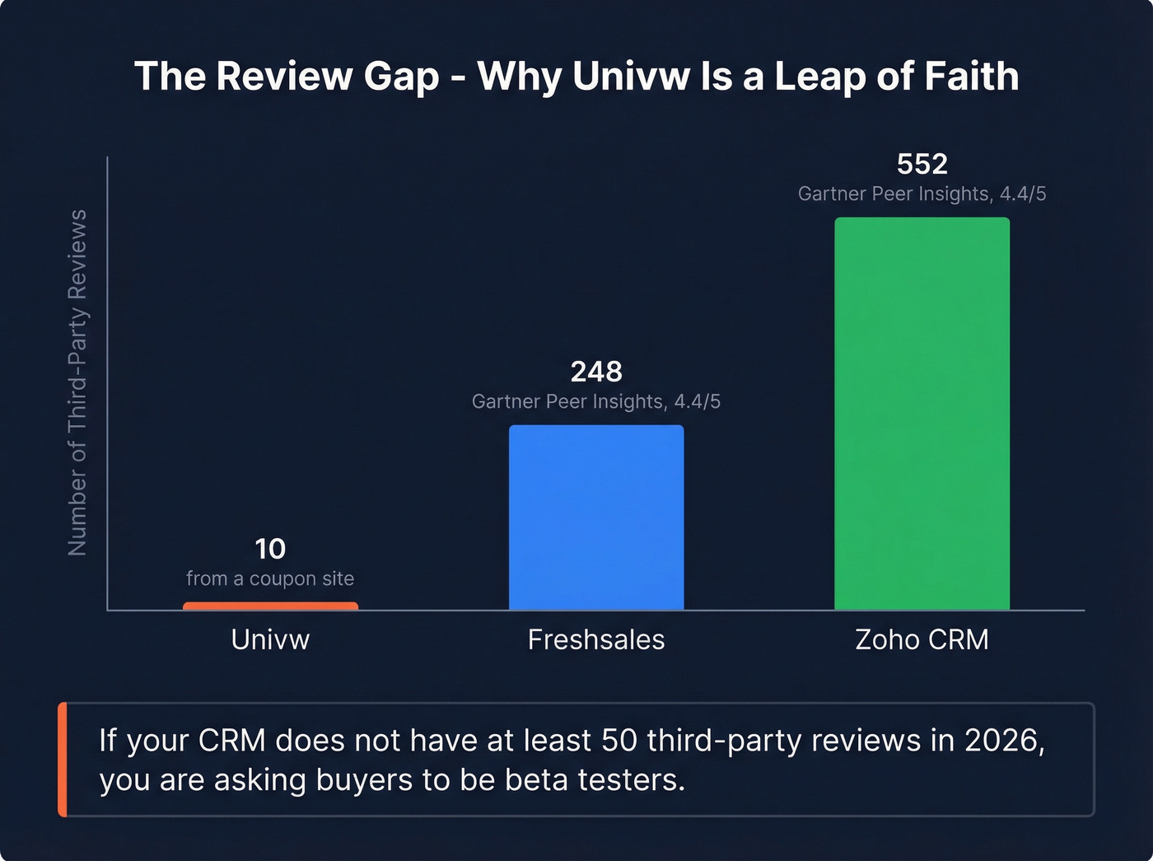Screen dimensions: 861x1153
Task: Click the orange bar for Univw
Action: click(270, 606)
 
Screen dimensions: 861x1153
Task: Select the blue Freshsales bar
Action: click(596, 517)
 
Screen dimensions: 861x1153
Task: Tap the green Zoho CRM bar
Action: click(922, 414)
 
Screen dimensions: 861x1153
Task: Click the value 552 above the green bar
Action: click(922, 164)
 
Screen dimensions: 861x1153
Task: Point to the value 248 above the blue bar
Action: click(596, 372)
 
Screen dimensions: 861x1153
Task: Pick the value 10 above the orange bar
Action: click(270, 549)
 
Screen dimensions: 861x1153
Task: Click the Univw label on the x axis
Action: click(270, 639)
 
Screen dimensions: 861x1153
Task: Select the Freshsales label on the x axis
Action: click(596, 639)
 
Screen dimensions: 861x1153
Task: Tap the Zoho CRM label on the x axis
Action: click(922, 639)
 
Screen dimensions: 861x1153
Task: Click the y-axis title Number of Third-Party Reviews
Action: click(77, 382)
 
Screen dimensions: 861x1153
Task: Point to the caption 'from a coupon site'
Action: click(270, 578)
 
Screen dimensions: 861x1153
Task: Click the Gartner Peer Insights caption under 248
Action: click(596, 401)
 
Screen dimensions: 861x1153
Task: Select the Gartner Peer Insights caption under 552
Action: click(922, 194)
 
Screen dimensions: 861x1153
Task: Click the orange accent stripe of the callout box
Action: click(63, 759)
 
